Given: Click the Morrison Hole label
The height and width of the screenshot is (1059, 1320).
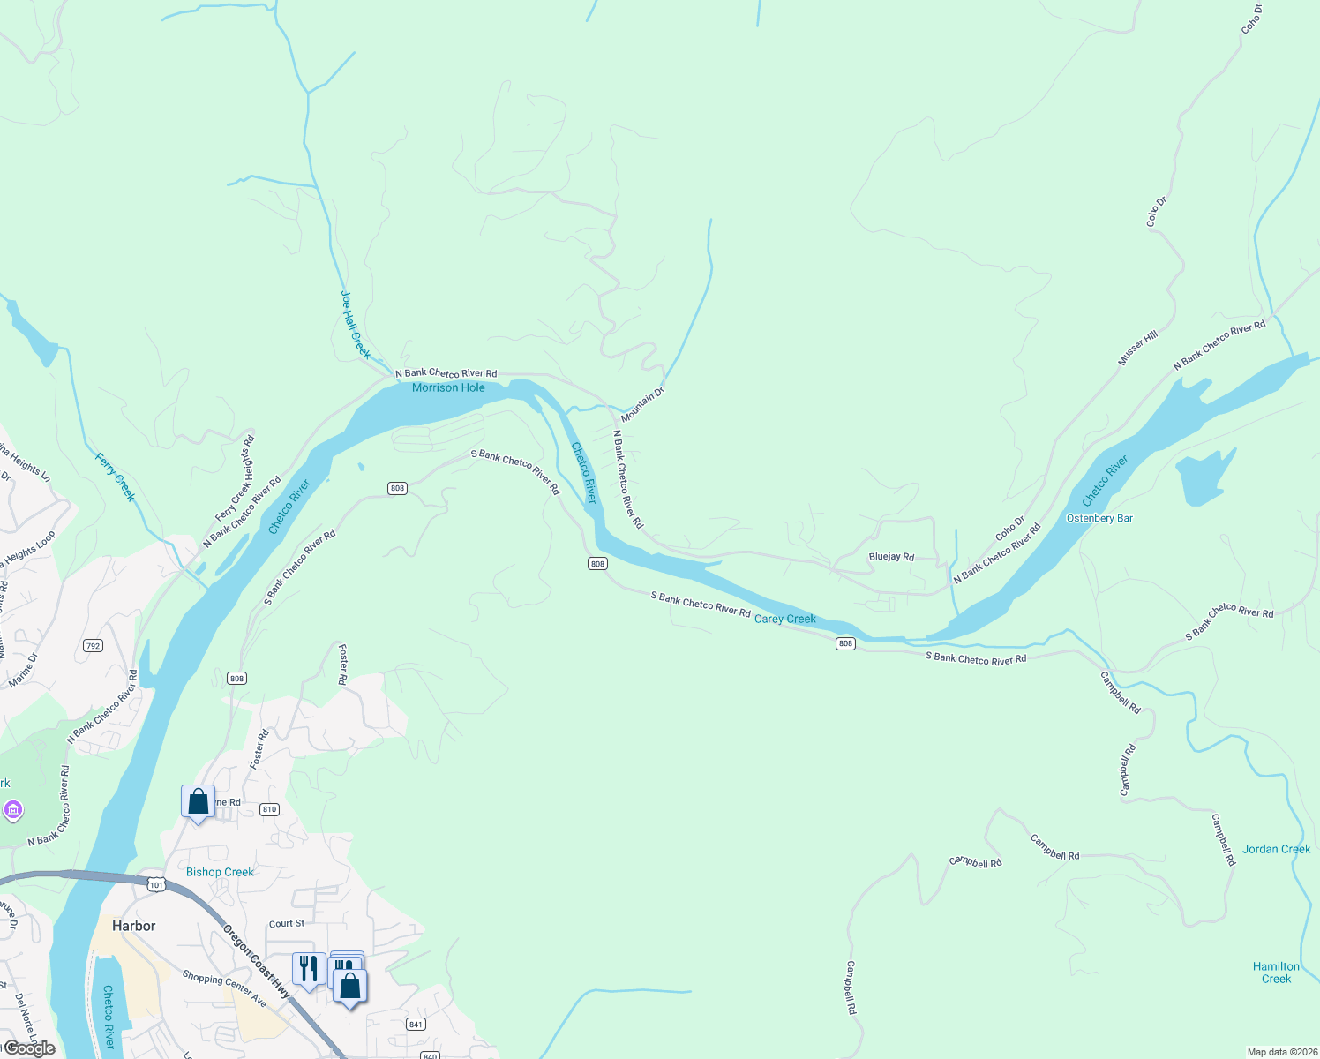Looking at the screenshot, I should pos(448,387).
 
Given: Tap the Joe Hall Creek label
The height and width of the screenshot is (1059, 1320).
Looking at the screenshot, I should pos(355,325).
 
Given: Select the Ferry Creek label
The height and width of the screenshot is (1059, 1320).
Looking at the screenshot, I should pos(116,477).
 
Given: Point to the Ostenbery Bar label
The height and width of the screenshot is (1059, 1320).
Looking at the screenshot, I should pos(1099,518).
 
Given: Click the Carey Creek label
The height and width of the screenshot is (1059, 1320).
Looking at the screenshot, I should pos(784,619).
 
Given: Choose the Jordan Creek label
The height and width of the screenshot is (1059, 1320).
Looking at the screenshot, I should pos(1276,849).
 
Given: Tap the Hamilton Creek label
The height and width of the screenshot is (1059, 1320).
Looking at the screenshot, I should pos(1276,973).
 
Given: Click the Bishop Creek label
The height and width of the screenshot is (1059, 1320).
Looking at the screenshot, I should pos(220,872).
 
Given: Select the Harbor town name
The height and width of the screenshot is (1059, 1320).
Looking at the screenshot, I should pos(133,926).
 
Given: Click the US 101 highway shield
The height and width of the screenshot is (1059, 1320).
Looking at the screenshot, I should pos(156,884).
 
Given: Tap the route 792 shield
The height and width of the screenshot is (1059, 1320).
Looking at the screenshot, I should pos(94,646).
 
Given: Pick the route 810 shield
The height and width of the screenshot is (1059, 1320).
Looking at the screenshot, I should pos(270,809).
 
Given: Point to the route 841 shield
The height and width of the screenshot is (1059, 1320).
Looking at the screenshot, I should pos(416,1024).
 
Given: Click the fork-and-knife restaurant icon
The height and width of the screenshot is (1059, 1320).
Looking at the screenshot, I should pos(308,969).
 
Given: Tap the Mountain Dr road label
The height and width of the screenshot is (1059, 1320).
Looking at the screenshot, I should pos(642,404).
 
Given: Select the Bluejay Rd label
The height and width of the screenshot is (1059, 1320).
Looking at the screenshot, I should pos(891,557).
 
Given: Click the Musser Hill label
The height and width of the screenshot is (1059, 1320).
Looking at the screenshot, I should pos(1137,349).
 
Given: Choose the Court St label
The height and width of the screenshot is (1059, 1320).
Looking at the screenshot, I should pos(287,923).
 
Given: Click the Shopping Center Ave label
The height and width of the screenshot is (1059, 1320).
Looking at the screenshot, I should pos(224,988).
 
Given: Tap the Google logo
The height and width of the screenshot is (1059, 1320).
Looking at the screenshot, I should pos(29,1048).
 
